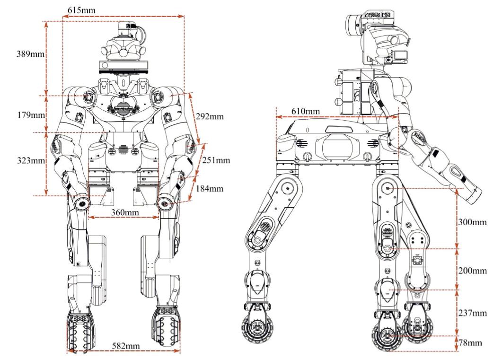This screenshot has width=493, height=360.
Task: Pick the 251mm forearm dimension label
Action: [216, 160]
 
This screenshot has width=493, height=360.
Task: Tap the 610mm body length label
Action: [304, 111]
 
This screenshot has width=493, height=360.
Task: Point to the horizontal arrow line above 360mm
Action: [123, 218]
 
